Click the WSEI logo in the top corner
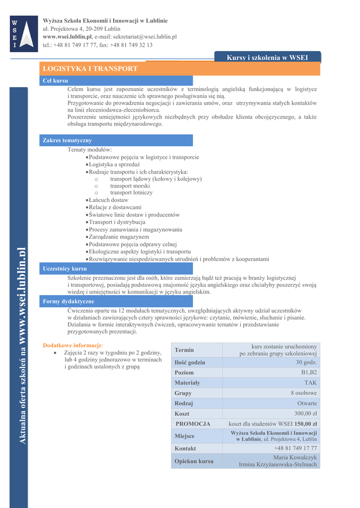pyautogui.click(x=24, y=34)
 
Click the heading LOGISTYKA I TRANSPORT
pyautogui.click(x=90, y=68)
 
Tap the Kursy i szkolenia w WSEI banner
pyautogui.click(x=267, y=58)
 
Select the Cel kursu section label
pyautogui.click(x=56, y=80)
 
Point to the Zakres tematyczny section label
pyautogui.click(x=68, y=140)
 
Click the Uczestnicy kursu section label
pyautogui.click(x=65, y=268)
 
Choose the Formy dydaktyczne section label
pyautogui.click(x=69, y=301)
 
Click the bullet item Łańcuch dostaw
pyautogui.click(x=108, y=200)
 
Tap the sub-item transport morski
pyautogui.click(x=130, y=186)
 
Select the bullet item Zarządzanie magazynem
pyautogui.click(x=119, y=237)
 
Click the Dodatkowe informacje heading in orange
pyautogui.click(x=72, y=345)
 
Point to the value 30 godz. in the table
pyautogui.click(x=306, y=362)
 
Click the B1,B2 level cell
pyautogui.click(x=309, y=373)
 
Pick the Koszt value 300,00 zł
pyautogui.click(x=305, y=414)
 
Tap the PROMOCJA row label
pyautogui.click(x=193, y=424)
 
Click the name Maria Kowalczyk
pyautogui.click(x=295, y=457)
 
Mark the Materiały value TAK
pyautogui.click(x=311, y=383)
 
